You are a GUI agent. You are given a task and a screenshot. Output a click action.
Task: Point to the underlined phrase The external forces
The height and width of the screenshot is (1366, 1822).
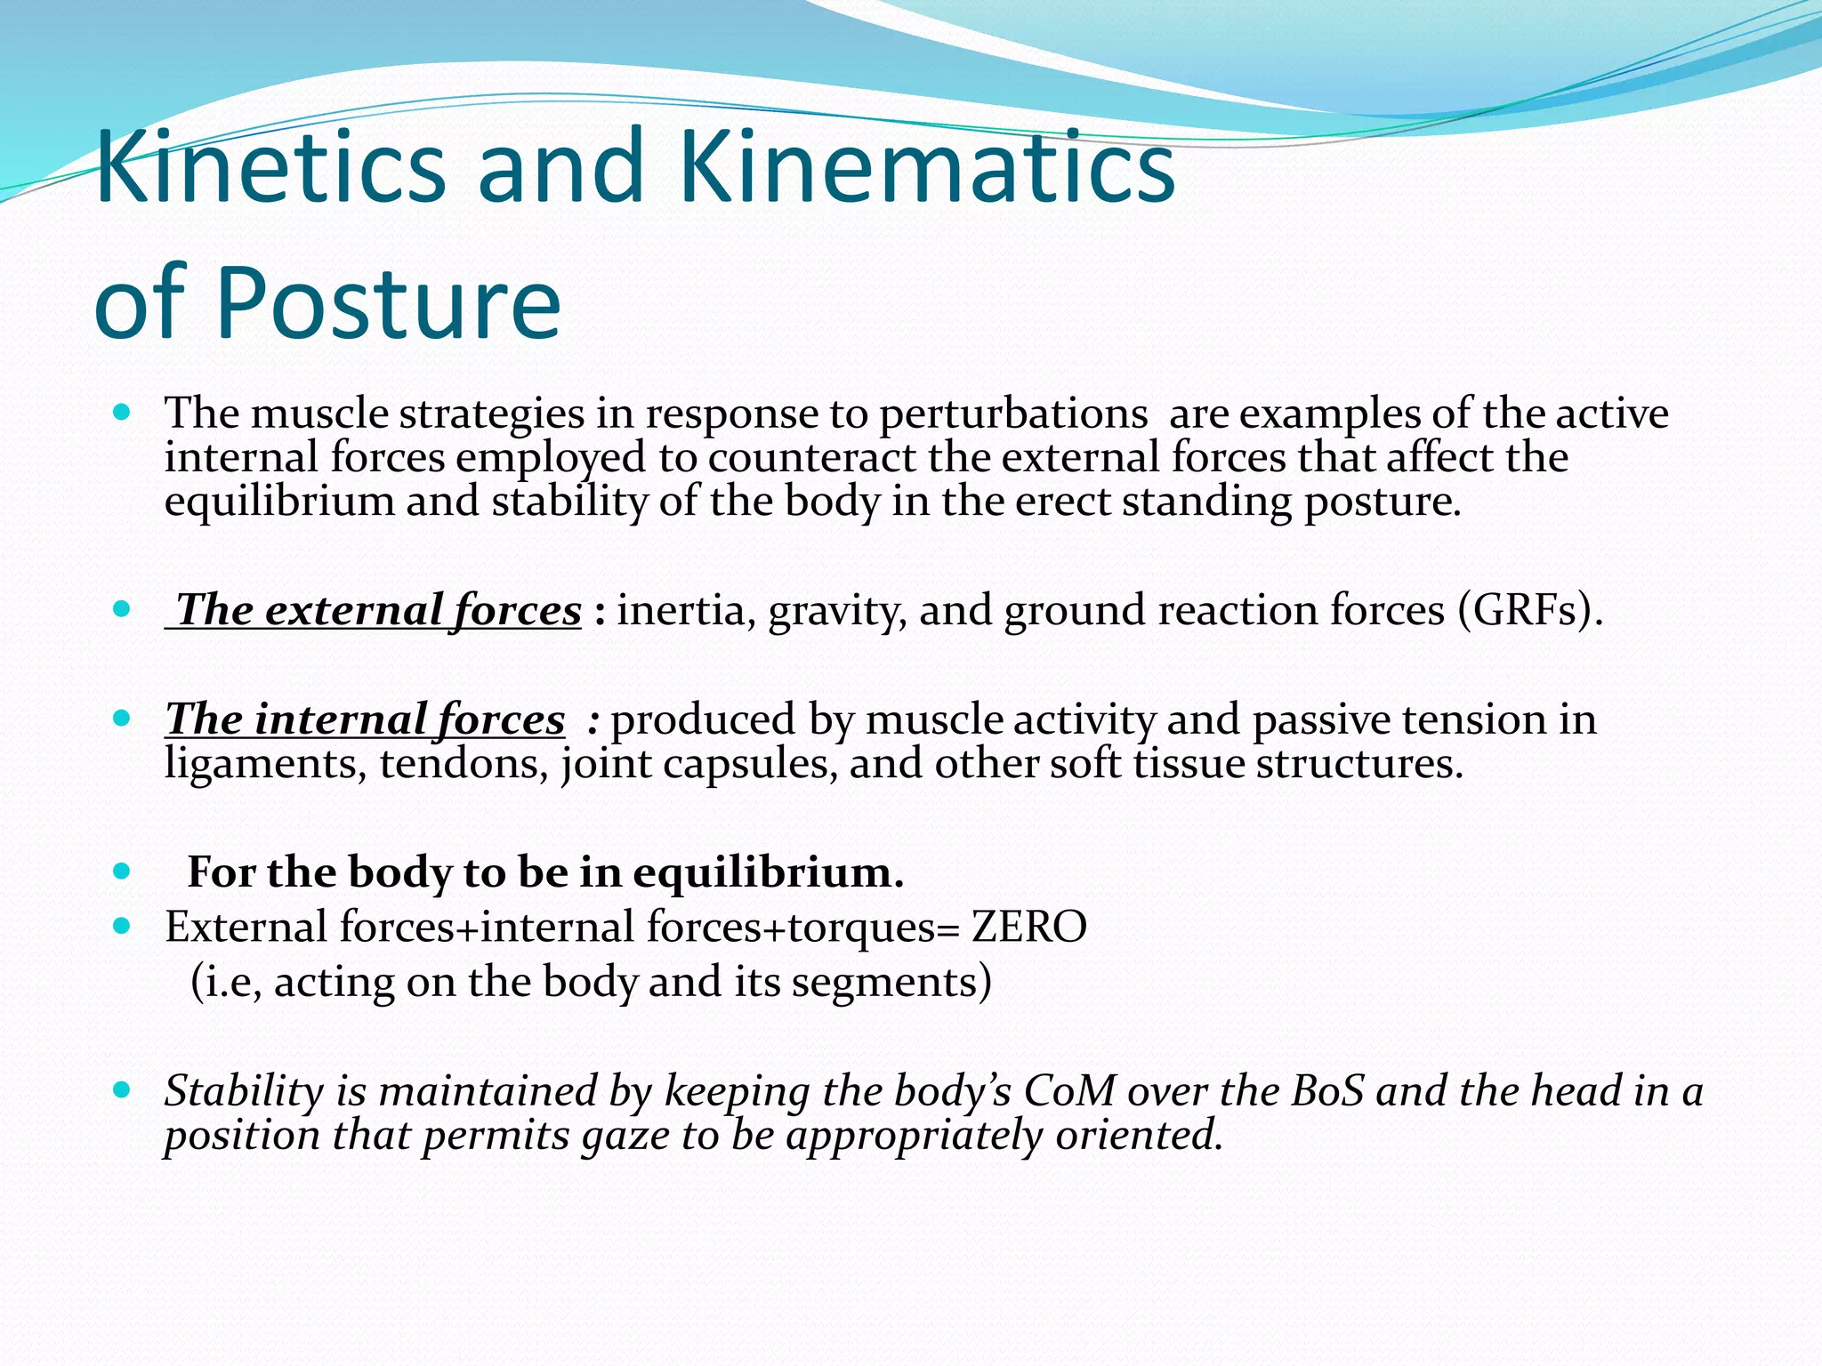coord(375,611)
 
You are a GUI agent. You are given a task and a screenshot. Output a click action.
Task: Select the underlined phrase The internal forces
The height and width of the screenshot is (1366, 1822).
coord(365,719)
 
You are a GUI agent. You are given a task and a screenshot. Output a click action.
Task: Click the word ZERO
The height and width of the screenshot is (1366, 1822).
coord(1028,927)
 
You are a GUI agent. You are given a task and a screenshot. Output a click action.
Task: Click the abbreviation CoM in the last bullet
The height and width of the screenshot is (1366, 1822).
coord(1069,1091)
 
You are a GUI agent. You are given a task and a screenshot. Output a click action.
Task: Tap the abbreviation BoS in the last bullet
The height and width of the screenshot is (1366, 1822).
coord(1326,1091)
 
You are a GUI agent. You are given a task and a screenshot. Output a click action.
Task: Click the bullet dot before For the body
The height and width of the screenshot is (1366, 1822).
coord(123,871)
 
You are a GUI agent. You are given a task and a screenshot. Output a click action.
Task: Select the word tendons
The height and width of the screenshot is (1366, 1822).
coord(464,764)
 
